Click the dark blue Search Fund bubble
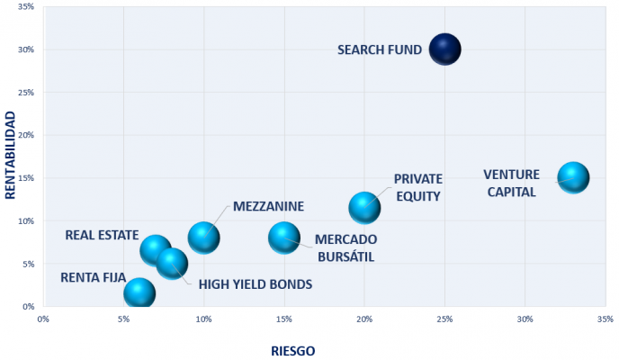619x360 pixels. (x=444, y=49)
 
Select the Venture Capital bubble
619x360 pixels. (x=572, y=177)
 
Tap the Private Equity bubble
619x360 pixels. (x=364, y=208)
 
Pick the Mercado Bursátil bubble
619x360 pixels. (x=284, y=238)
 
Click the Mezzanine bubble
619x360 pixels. (x=204, y=238)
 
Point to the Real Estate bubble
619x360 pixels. (x=156, y=249)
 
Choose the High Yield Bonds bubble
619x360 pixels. (x=171, y=263)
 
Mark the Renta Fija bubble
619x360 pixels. (x=139, y=292)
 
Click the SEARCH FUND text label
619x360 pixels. (x=379, y=50)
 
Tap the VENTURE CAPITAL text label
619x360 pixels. (x=510, y=183)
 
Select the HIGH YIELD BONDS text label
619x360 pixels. (x=255, y=284)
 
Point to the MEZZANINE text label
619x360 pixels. (x=268, y=206)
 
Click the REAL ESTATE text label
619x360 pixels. (x=101, y=236)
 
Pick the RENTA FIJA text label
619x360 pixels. (x=93, y=277)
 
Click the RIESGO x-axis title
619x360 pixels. (x=293, y=350)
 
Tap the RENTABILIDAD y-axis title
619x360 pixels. (x=12, y=156)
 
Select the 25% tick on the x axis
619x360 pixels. (x=444, y=319)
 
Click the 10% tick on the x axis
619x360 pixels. (x=203, y=319)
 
